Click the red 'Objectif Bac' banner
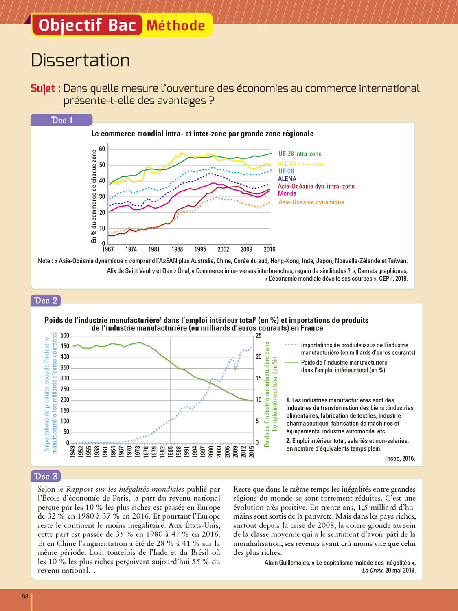87,25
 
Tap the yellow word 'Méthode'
176,26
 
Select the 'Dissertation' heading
81,60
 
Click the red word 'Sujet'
46,88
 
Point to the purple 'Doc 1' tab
61,120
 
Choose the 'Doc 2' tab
46,301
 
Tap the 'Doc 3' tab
46,476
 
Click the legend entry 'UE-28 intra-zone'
300,154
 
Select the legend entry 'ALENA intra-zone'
301,164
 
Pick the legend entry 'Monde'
287,193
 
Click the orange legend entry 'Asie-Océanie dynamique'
311,202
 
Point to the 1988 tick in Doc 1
177,249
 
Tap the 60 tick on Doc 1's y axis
102,149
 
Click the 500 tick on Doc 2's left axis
65,336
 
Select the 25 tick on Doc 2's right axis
259,336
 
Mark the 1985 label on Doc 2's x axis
171,452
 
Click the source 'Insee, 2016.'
400,459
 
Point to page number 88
25,596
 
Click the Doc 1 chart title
202,134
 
